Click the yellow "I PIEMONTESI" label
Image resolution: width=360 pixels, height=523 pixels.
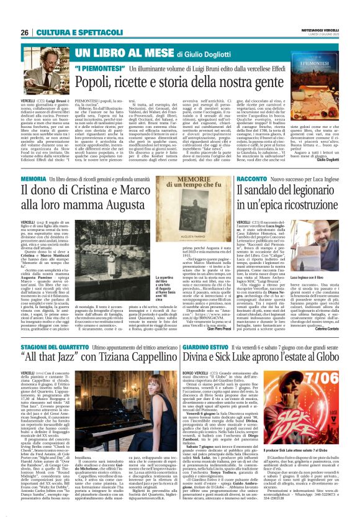pyautogui.click(x=96, y=66)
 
